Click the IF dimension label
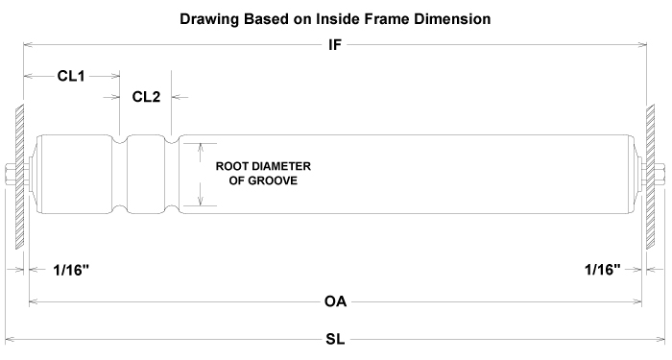(335, 44)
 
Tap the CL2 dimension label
(147, 96)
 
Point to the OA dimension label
(335, 301)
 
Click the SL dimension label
(335, 340)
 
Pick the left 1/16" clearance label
(72, 270)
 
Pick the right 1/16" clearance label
(602, 270)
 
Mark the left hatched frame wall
(18, 173)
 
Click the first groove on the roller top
(121, 140)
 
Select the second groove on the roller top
(173, 140)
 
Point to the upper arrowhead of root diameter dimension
(200, 146)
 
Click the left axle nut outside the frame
(9, 174)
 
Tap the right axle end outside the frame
(663, 174)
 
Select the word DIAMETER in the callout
(291, 165)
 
